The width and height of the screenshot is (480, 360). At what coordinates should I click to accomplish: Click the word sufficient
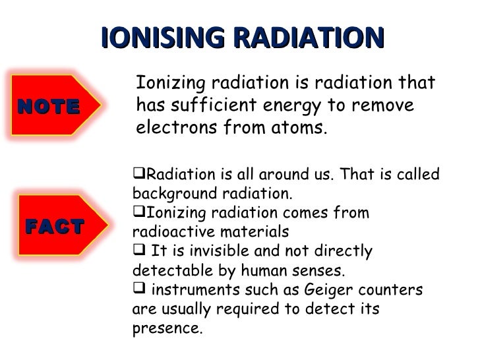click(211, 105)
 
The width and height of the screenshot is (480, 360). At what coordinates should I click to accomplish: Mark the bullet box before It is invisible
click(138, 251)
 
